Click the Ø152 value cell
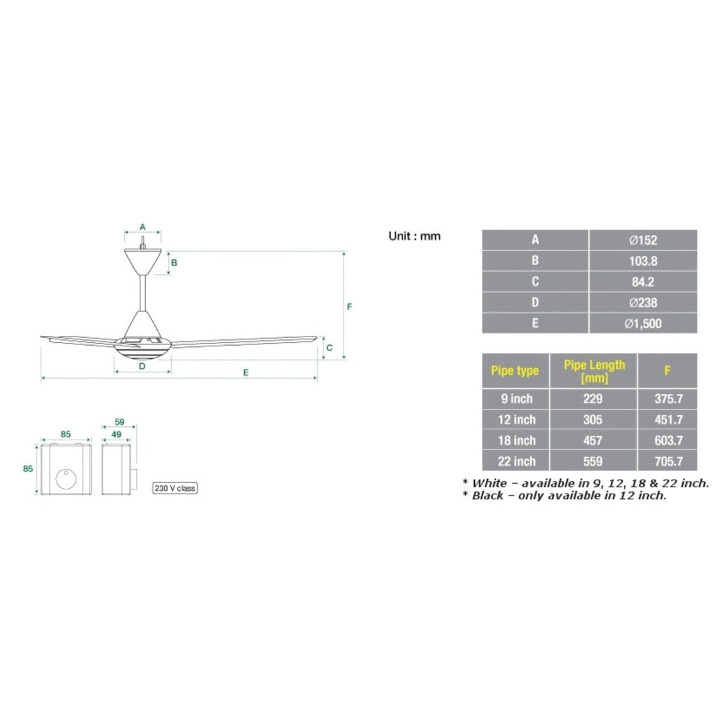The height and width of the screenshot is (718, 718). (x=643, y=240)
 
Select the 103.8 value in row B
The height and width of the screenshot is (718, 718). (x=643, y=261)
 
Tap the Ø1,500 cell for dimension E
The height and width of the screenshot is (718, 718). (x=643, y=323)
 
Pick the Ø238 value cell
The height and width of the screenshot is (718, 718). (x=643, y=303)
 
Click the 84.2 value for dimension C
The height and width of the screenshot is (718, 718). (x=643, y=282)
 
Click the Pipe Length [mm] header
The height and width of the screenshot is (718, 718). (x=594, y=371)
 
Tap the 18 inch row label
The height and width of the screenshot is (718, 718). (x=516, y=440)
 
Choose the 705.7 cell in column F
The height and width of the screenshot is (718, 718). (x=668, y=461)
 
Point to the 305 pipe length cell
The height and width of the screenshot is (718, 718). (x=594, y=419)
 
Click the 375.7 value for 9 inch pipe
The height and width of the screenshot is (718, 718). (x=668, y=398)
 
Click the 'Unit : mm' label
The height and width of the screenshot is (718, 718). (x=414, y=236)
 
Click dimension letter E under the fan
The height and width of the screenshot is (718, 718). (x=245, y=372)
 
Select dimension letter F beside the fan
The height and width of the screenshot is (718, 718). (x=349, y=306)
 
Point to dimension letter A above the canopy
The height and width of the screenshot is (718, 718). (x=142, y=226)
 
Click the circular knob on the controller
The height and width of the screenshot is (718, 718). (x=67, y=480)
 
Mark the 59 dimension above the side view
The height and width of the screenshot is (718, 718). (x=118, y=422)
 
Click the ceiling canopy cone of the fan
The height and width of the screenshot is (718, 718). (x=142, y=262)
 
